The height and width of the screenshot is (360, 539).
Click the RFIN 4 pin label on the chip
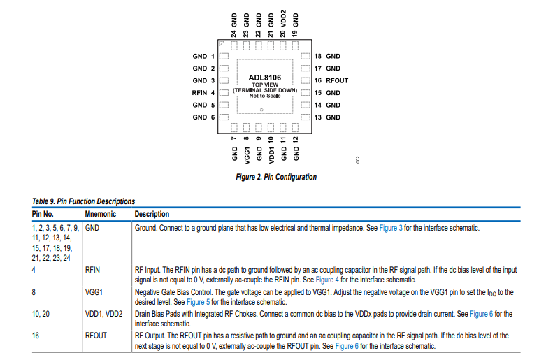point(203,93)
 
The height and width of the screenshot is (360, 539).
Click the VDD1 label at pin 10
point(271,150)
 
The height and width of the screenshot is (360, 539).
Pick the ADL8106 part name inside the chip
point(264,78)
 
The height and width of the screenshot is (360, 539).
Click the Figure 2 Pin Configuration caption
point(276,177)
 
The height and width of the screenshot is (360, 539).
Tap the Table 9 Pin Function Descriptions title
point(83,201)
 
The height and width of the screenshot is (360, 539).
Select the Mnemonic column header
point(100,214)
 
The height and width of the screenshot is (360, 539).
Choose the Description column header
point(152,214)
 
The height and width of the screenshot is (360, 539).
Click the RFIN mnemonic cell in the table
point(92,268)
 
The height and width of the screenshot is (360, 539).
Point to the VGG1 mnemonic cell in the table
point(94,292)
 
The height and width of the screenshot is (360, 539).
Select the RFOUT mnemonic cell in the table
point(96,336)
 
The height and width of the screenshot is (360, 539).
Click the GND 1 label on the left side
point(203,56)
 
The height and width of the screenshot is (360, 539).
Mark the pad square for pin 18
point(304,56)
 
